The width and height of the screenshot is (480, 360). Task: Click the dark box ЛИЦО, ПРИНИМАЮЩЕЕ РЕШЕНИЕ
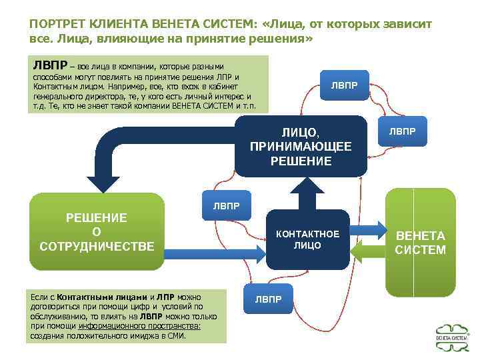click(301, 146)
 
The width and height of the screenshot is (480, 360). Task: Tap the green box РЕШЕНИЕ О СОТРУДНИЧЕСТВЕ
click(97, 232)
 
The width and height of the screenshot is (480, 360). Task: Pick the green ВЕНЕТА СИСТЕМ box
click(421, 243)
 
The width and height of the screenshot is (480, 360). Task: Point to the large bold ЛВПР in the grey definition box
click(49, 65)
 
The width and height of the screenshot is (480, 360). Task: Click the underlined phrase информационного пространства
click(140, 327)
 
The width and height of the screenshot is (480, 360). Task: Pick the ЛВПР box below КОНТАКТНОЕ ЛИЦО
click(268, 299)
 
